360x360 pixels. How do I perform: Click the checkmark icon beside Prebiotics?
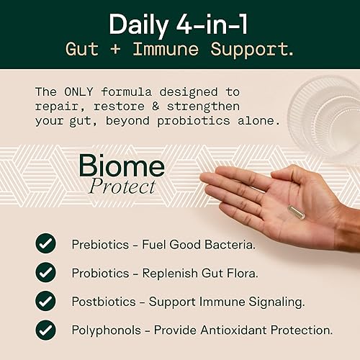click(x=45, y=243)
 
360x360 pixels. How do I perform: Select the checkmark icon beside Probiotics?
click(x=45, y=272)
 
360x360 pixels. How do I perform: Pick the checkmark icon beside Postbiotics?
click(x=45, y=301)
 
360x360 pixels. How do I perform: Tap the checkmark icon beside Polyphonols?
click(x=45, y=330)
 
